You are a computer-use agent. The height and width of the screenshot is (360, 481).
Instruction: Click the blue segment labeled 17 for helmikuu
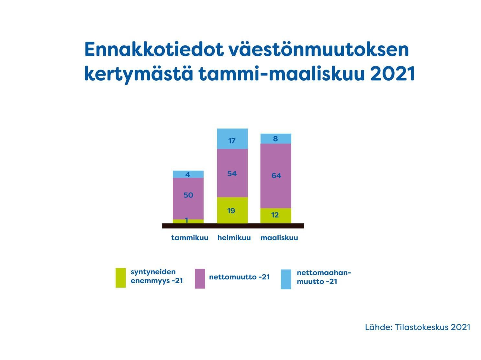point(232,139)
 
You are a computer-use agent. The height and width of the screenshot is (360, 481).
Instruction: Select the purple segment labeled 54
point(232,173)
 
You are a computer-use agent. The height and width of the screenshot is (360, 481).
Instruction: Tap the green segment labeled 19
point(232,210)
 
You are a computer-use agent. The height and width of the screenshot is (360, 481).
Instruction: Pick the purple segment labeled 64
point(276,176)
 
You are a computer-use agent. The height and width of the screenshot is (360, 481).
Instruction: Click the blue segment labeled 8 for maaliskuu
point(276,139)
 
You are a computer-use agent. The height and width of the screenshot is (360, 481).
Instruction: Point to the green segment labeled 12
point(276,216)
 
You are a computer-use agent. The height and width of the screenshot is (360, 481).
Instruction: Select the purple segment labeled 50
point(188,198)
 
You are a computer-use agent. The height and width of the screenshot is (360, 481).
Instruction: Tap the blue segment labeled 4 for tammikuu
point(188,174)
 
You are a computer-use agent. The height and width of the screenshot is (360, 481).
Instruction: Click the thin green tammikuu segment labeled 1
point(188,221)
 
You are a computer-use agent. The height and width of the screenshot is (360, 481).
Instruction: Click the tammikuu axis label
point(190,238)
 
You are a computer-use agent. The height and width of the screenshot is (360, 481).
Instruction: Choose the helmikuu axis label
point(234,238)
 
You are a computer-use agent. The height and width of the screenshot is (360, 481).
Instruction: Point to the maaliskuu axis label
point(279,238)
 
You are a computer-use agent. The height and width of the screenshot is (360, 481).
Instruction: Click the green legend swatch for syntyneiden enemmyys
point(121,278)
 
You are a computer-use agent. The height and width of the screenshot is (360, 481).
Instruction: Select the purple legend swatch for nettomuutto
point(200,279)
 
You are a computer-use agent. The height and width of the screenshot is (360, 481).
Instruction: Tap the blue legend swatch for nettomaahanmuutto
point(286,279)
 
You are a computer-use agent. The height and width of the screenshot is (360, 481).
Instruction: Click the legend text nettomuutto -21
point(239,277)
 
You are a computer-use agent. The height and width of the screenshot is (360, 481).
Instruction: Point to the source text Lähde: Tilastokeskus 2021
point(418,327)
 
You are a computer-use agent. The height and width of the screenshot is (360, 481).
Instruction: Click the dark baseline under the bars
point(233,226)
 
